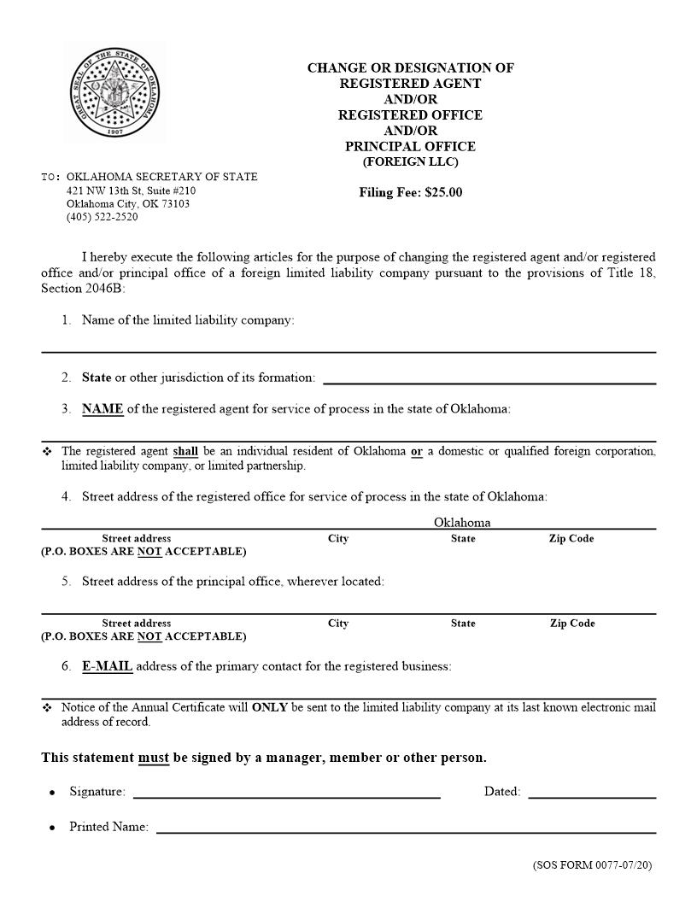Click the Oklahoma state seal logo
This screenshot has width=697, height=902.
coord(113,93)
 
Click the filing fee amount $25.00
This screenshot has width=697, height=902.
coord(442,192)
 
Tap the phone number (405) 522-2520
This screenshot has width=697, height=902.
coord(102,217)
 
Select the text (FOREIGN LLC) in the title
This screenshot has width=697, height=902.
coord(410,161)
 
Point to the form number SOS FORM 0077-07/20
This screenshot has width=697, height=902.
coord(592,865)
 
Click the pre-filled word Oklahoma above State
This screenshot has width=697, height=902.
coord(462,522)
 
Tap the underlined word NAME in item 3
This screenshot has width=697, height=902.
coord(102,408)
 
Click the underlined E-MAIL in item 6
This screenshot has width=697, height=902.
coord(107,666)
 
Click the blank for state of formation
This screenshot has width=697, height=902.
coord(489,377)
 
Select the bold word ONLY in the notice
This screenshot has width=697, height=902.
coord(269,707)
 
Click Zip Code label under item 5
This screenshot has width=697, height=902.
coord(571,624)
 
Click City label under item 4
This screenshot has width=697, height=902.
coord(338,539)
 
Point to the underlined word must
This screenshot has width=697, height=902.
coord(154,758)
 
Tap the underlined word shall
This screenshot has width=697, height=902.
coord(185,451)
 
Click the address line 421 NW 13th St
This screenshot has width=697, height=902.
coord(131,190)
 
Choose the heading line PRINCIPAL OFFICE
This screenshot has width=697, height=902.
coord(410,146)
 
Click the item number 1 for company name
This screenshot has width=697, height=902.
coord(66,320)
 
